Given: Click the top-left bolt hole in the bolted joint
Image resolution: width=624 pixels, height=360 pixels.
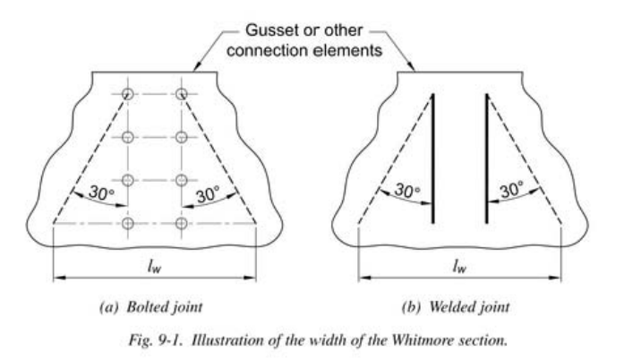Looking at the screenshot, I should pos(128,94).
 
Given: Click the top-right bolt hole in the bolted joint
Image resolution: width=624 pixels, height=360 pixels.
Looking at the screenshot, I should pos(182,94).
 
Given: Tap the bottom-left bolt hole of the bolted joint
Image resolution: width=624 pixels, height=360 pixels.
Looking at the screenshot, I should pos(128,222).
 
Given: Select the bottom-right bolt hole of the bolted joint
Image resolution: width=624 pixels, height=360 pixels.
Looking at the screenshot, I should pos(182,222).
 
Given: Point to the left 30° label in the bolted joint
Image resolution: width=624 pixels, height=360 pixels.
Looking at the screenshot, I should pos(92,193).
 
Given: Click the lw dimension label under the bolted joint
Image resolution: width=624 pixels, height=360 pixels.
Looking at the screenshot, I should pos(155,265).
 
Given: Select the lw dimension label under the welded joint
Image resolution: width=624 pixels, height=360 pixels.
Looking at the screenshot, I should pos(459,265).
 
